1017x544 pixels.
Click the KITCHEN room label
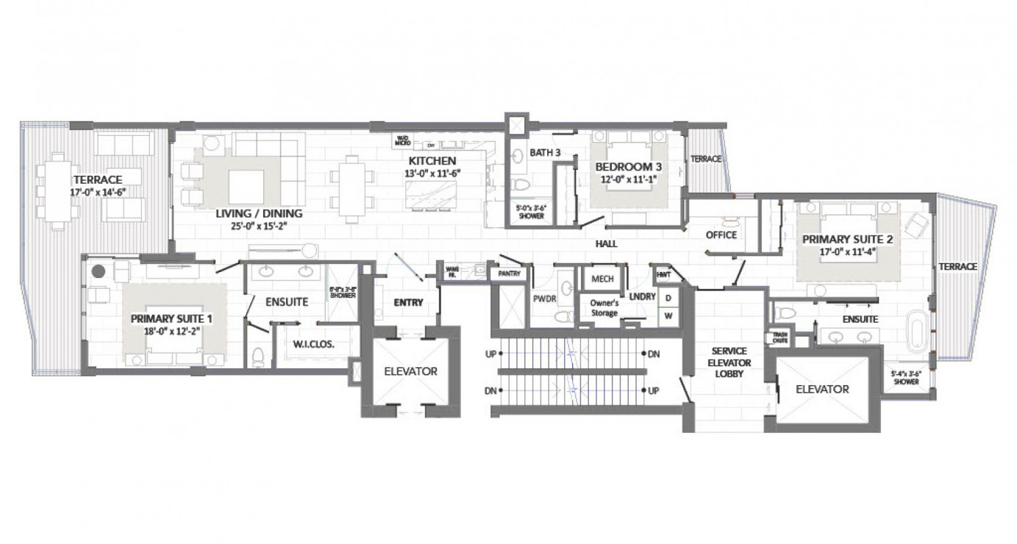(x=432, y=161)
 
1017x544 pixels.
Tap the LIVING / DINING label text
(x=259, y=214)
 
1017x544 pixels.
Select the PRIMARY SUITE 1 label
(x=171, y=319)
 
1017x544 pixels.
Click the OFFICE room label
(x=721, y=235)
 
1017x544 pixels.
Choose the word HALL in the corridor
(x=607, y=243)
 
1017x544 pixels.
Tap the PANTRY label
(x=509, y=273)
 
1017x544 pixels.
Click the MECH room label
(x=602, y=279)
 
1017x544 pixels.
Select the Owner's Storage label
(x=604, y=307)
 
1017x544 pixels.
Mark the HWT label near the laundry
(x=663, y=273)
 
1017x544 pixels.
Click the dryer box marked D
(x=668, y=298)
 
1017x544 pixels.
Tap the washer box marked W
(x=668, y=315)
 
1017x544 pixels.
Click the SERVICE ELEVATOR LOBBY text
(x=729, y=362)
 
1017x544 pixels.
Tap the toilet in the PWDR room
(x=564, y=317)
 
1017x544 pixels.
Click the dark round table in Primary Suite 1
(x=99, y=271)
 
